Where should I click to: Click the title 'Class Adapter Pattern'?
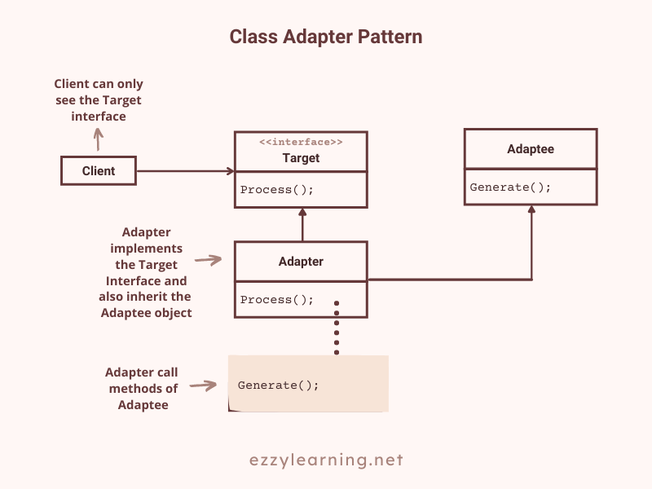(x=325, y=37)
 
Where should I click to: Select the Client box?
(x=99, y=171)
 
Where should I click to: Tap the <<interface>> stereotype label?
(x=301, y=143)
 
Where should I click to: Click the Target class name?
(x=301, y=158)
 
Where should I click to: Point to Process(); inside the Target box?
(x=277, y=190)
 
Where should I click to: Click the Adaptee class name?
(x=530, y=149)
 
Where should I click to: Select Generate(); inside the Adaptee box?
(x=510, y=187)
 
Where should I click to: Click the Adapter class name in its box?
(x=301, y=262)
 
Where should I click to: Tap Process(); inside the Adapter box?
(x=277, y=299)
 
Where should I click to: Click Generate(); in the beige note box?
(x=279, y=385)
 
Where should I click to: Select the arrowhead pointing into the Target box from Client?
(x=231, y=171)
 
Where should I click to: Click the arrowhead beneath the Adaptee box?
(x=531, y=210)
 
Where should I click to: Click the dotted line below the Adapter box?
(x=337, y=328)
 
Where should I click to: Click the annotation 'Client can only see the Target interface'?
(x=99, y=99)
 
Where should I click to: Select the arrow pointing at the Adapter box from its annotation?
(x=209, y=261)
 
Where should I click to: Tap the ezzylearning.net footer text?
(x=326, y=460)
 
